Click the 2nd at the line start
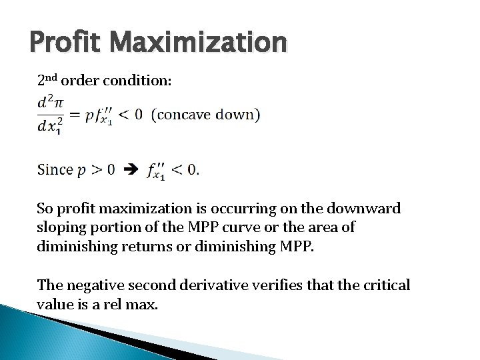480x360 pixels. click(x=48, y=81)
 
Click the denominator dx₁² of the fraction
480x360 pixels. click(x=51, y=127)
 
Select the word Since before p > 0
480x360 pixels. click(x=55, y=169)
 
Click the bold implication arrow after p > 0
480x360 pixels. click(x=133, y=169)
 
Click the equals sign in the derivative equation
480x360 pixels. click(x=73, y=115)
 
